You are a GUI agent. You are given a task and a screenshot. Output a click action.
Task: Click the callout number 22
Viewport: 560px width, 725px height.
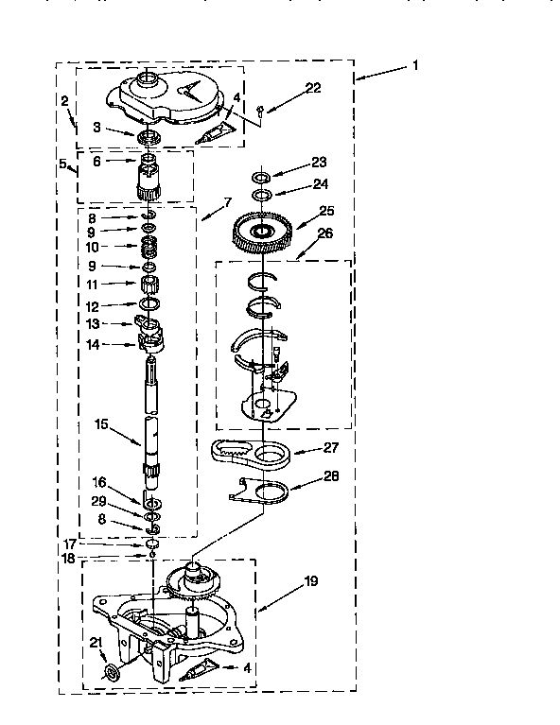click(313, 87)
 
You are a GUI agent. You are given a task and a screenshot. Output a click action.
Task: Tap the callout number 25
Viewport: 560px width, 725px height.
click(326, 211)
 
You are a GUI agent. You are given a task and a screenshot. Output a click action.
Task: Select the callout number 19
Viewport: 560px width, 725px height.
click(311, 580)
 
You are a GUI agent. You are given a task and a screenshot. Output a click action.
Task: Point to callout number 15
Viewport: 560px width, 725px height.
click(101, 423)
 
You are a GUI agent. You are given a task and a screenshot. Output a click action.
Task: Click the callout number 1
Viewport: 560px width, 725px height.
click(415, 65)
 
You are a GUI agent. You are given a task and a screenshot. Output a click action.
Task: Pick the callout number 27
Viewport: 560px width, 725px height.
click(331, 447)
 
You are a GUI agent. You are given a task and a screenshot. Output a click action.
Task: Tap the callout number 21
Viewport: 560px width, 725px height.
click(96, 642)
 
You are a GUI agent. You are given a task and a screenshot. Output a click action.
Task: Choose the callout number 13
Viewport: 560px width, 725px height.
click(93, 323)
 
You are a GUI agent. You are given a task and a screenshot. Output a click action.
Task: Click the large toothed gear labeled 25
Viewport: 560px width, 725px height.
click(262, 233)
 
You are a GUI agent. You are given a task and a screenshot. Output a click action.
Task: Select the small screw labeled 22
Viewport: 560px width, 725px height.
click(260, 110)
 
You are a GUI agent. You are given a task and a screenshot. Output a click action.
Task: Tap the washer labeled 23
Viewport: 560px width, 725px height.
click(261, 177)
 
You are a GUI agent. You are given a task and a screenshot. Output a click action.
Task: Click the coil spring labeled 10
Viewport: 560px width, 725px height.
click(149, 247)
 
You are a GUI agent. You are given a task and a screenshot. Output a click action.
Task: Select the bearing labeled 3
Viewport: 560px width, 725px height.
click(149, 137)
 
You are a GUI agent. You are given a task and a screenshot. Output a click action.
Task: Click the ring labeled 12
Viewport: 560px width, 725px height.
click(149, 303)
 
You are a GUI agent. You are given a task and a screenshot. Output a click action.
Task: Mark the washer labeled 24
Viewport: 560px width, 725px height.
click(261, 195)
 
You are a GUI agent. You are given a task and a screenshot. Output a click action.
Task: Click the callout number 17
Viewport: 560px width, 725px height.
click(69, 544)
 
